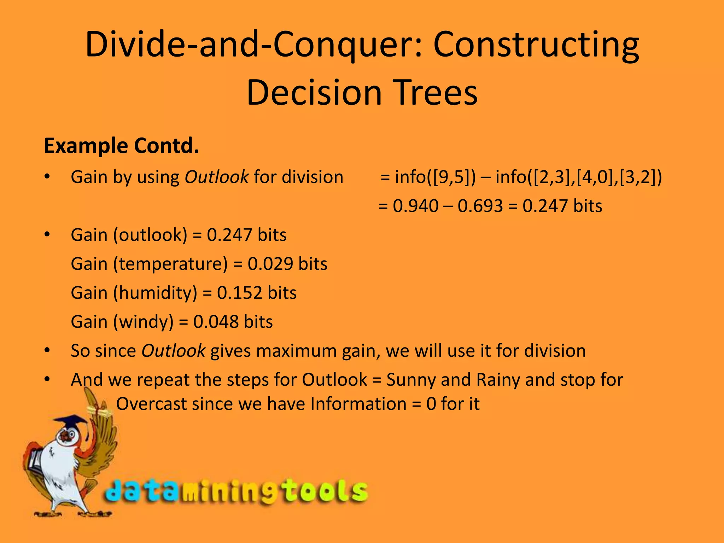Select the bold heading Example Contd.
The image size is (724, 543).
[x=121, y=146]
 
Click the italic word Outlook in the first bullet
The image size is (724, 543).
[x=216, y=177]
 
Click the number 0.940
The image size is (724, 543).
[x=415, y=206]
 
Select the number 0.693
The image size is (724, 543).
[x=480, y=206]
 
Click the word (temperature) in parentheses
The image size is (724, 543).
[x=170, y=264]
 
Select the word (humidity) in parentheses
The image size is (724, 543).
[x=155, y=293]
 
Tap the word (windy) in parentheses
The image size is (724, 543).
[x=143, y=322]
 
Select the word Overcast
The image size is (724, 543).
[x=151, y=404]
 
